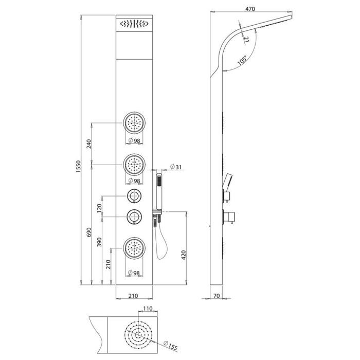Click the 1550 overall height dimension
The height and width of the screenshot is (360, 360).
(78, 167)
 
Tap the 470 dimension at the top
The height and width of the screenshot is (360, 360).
(250, 9)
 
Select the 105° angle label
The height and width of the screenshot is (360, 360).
(242, 60)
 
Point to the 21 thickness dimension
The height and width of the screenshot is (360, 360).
(246, 40)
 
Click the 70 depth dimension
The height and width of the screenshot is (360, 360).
(217, 296)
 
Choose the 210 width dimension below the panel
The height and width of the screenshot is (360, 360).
(133, 296)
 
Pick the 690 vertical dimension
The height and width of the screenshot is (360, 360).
(89, 232)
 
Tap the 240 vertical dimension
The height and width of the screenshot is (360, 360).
(89, 143)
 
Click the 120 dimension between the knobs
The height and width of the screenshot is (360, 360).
(99, 208)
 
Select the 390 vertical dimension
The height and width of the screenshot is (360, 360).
(99, 242)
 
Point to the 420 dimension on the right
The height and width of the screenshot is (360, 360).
(184, 255)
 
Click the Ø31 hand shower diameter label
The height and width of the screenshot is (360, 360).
(176, 167)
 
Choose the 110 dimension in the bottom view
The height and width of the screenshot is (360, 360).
(148, 309)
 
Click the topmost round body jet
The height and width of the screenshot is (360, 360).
(134, 123)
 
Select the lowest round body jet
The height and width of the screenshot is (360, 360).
(134, 248)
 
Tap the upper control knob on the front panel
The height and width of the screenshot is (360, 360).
(134, 196)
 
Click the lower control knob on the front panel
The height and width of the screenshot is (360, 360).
(134, 217)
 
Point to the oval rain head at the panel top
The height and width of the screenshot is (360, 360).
(134, 24)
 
